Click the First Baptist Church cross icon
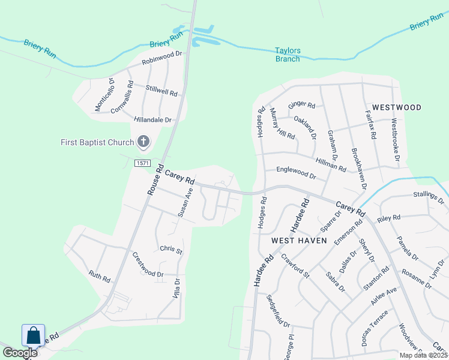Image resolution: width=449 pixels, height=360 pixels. pyautogui.click(x=143, y=142)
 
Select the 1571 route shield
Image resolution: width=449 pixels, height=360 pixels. pyautogui.click(x=142, y=163)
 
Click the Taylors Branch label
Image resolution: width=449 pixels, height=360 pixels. pyautogui.click(x=288, y=55)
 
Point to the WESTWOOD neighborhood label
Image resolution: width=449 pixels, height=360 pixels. pyautogui.click(x=397, y=107)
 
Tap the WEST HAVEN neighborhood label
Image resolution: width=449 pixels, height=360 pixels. pyautogui.click(x=299, y=240)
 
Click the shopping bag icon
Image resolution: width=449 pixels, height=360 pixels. pyautogui.click(x=34, y=335)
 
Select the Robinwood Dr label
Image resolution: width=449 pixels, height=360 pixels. pyautogui.click(x=161, y=58)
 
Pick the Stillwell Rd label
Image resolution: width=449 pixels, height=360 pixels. pyautogui.click(x=161, y=90)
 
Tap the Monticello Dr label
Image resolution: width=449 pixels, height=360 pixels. pyautogui.click(x=103, y=94)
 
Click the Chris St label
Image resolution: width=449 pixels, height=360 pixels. pyautogui.click(x=170, y=249)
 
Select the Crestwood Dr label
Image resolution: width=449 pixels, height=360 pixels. pyautogui.click(x=148, y=265)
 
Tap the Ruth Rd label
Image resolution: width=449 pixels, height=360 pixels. pyautogui.click(x=100, y=275)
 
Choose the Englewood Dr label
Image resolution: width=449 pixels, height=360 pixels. pyautogui.click(x=295, y=173)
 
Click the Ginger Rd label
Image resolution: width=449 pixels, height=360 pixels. pyautogui.click(x=301, y=105)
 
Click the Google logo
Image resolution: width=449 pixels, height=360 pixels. pyautogui.click(x=20, y=353)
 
